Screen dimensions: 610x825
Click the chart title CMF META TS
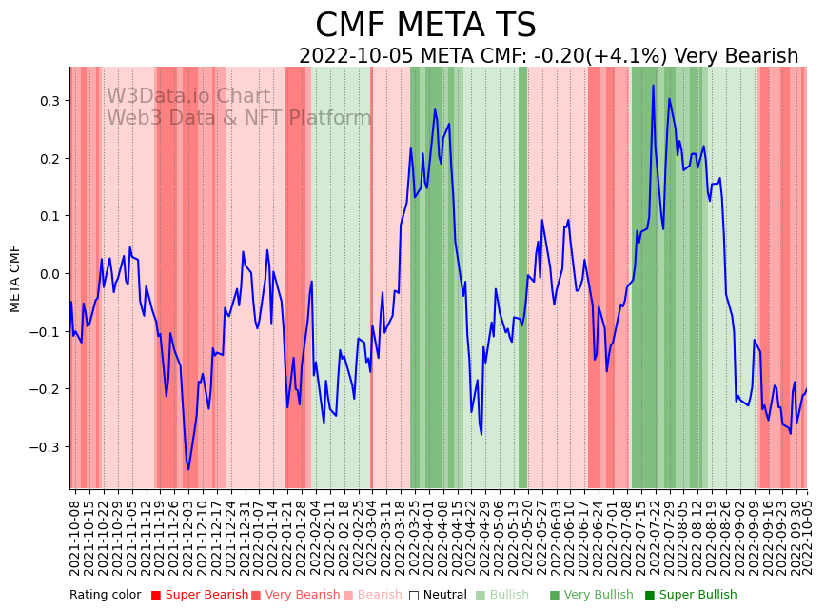point(425,26)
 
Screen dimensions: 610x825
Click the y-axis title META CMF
point(15,278)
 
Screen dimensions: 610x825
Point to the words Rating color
point(105,596)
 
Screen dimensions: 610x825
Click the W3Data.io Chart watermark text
point(188,97)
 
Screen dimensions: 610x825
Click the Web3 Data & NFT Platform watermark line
point(239,119)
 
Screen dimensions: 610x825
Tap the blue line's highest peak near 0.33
point(653,86)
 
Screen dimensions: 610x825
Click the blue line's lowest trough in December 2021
point(188,469)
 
